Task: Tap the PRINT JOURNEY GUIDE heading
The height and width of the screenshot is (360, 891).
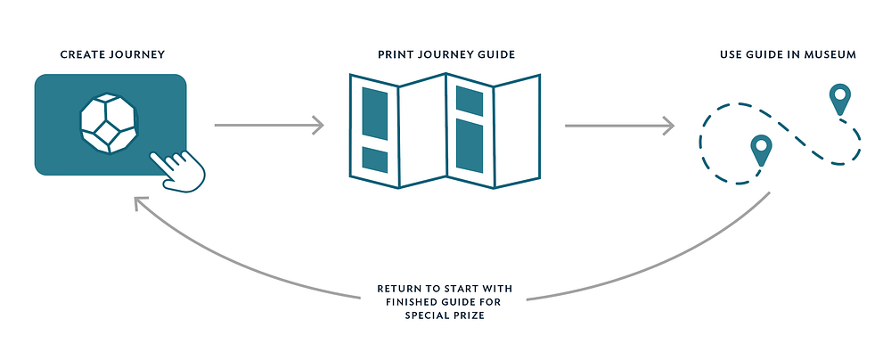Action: tap(446, 55)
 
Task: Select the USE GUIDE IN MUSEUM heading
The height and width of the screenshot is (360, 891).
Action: tap(788, 55)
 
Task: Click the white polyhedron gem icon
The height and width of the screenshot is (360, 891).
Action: tap(109, 126)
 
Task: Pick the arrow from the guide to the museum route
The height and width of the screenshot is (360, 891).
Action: tap(618, 125)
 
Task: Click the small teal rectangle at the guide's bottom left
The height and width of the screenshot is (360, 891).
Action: tap(375, 161)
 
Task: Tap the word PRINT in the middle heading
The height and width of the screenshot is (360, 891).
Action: tap(396, 55)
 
